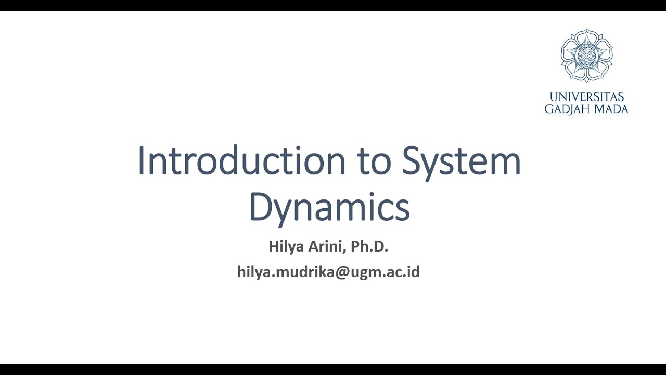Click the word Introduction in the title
[242, 161]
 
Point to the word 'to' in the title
[374, 161]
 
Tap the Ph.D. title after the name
[369, 246]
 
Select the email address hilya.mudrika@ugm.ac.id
[328, 272]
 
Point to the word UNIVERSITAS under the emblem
[586, 97]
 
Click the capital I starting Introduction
[141, 161]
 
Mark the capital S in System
[412, 161]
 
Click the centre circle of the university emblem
[586, 56]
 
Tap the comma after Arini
[344, 251]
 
